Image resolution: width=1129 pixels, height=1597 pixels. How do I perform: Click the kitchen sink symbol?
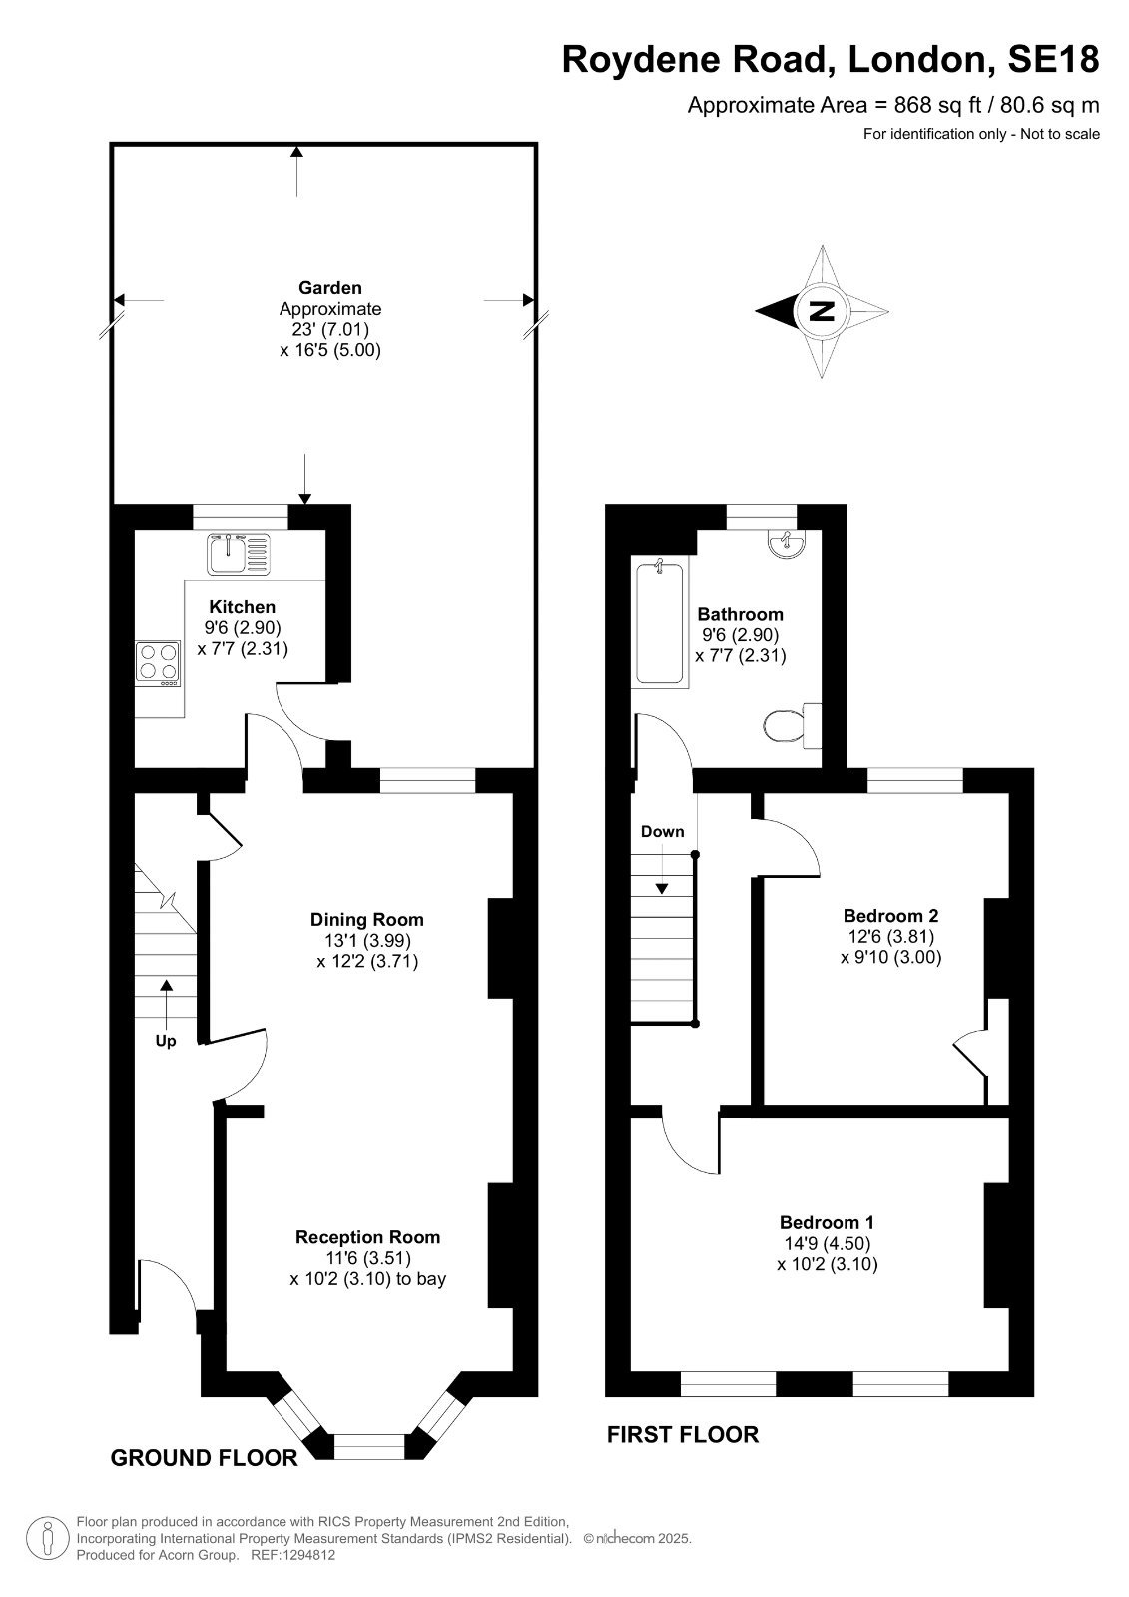point(239,553)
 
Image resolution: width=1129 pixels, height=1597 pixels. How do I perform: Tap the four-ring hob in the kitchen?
point(158,663)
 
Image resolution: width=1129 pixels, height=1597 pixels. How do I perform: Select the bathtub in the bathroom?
point(660,623)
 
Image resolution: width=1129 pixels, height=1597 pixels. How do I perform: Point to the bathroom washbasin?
point(787,543)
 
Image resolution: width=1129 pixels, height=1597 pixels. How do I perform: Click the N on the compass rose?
point(823,311)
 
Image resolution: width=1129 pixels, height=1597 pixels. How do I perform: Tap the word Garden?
point(330,288)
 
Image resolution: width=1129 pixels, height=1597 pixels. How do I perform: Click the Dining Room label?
point(367,919)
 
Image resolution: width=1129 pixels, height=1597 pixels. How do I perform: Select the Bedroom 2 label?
point(890,915)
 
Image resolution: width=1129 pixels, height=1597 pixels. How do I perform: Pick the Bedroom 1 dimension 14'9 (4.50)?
point(828,1243)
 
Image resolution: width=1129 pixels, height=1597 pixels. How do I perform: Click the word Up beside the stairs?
point(166,1042)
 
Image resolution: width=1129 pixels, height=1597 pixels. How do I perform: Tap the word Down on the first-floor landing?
point(662,832)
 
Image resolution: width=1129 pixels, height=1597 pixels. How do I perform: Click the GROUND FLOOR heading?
point(204,1458)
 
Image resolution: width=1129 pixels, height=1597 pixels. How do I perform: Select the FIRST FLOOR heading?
point(683,1434)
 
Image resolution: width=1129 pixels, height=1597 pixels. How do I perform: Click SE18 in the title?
point(1053,59)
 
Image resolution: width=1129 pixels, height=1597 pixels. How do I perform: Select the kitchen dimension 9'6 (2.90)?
point(243,628)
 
